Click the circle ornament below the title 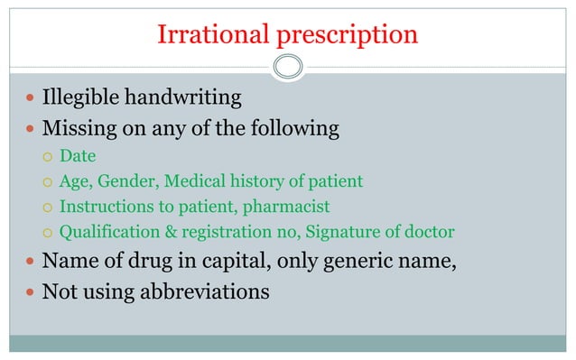point(288,66)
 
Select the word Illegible point(86,97)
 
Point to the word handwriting point(193,97)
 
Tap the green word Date point(78,157)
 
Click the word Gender point(126,181)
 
